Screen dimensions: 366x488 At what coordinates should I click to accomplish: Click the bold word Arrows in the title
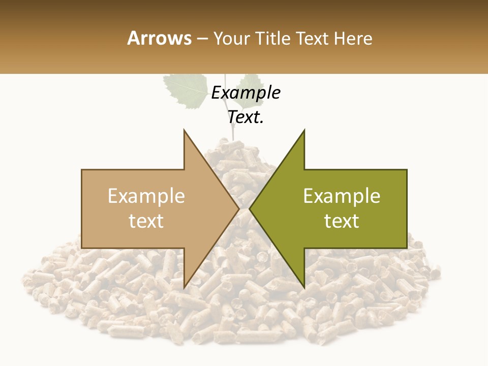pyautogui.click(x=160, y=38)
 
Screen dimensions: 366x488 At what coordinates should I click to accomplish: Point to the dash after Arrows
pyautogui.click(x=202, y=39)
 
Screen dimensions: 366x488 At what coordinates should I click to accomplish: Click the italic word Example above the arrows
pyautogui.click(x=246, y=93)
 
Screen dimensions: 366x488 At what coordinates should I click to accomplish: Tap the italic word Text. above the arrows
pyautogui.click(x=246, y=117)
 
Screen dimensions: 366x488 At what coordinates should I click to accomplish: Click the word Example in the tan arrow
pyautogui.click(x=146, y=196)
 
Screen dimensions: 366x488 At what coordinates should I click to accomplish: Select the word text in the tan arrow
pyautogui.click(x=146, y=221)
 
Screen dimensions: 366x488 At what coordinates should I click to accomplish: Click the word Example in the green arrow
pyautogui.click(x=342, y=196)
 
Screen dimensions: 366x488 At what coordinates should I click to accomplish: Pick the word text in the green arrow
pyautogui.click(x=342, y=221)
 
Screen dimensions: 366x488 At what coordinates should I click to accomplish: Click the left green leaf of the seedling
pyautogui.click(x=186, y=90)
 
